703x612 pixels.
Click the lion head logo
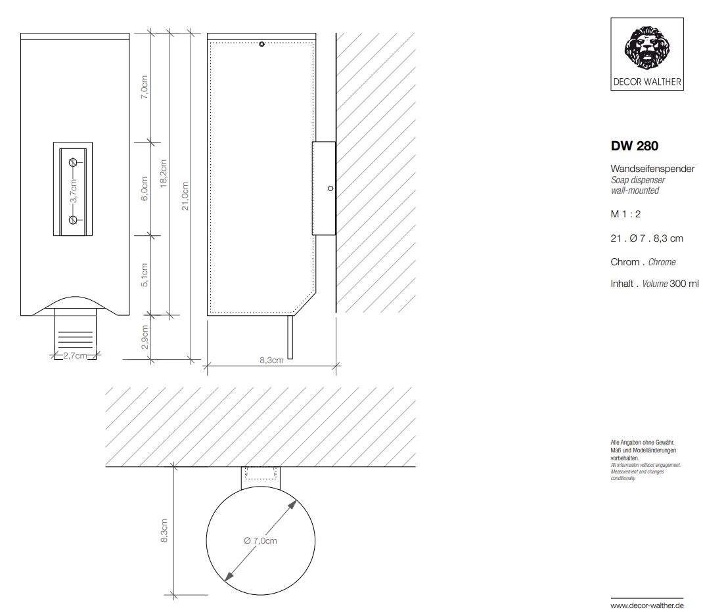tap(646, 48)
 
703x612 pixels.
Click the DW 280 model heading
tap(635, 146)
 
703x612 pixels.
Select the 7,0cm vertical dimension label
tap(144, 87)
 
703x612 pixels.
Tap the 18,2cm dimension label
tap(163, 173)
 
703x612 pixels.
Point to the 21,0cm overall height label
tap(185, 196)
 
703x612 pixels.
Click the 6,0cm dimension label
tap(144, 188)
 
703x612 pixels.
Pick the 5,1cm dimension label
tap(144, 275)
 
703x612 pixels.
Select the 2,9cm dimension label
tap(144, 337)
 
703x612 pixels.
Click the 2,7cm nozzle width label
tap(75, 356)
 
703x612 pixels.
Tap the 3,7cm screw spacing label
tap(74, 191)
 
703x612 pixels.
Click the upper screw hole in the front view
tap(73, 163)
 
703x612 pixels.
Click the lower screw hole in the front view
tap(73, 219)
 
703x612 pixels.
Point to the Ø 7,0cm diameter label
tap(260, 541)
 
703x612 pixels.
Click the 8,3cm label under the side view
tap(271, 361)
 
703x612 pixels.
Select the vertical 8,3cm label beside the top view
tap(164, 531)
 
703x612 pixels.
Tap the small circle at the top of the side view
tap(262, 44)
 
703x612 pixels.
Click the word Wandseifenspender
tap(652, 169)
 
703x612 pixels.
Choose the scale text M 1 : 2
tap(625, 214)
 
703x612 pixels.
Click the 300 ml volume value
tap(684, 284)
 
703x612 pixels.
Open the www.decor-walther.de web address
tap(648, 605)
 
